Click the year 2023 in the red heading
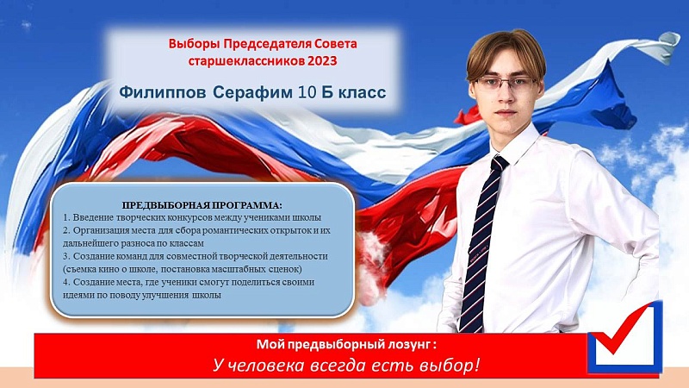click(x=322, y=60)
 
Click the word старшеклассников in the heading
click(x=246, y=60)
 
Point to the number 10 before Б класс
click(x=307, y=92)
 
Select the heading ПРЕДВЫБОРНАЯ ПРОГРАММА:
click(x=202, y=205)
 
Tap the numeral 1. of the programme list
click(x=67, y=217)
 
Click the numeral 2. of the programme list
click(x=67, y=230)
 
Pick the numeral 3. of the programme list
click(x=67, y=256)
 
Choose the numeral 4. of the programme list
click(x=67, y=282)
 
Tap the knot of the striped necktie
click(x=499, y=164)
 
